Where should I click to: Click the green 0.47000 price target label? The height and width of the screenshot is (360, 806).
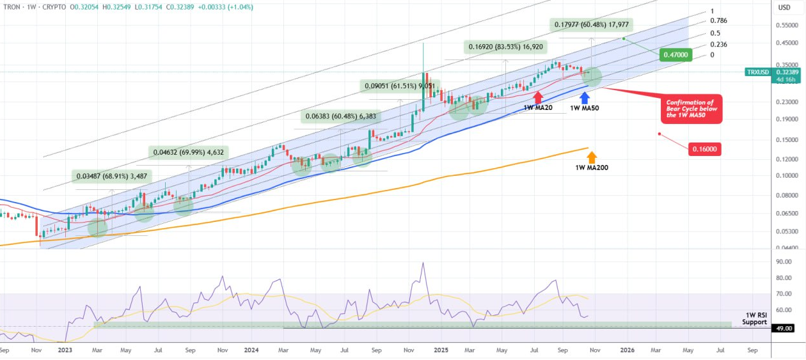tap(676, 55)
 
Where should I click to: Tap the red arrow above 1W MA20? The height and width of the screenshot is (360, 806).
tap(538, 97)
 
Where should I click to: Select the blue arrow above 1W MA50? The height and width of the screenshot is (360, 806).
tap(585, 97)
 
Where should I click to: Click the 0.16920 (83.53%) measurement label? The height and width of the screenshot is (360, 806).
tap(506, 47)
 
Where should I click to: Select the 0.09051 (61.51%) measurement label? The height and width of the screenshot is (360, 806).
tap(400, 86)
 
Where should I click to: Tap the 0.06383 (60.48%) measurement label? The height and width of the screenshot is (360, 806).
tap(340, 116)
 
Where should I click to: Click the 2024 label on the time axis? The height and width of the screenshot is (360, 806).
tap(251, 350)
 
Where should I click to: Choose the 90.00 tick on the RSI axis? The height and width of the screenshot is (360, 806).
tap(784, 262)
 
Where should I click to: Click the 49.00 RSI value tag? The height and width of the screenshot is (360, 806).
tap(784, 328)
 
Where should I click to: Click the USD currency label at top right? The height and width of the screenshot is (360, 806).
tap(784, 7)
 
